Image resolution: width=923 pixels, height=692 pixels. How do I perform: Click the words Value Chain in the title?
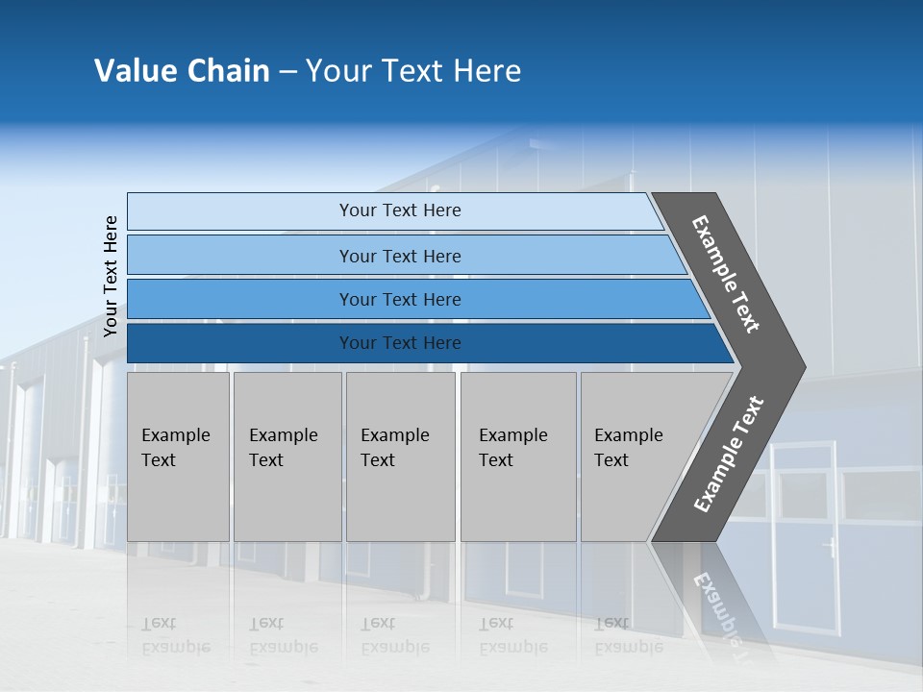[182, 71]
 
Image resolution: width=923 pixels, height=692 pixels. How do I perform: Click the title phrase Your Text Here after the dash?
[413, 71]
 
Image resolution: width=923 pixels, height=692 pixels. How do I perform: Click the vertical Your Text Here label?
[111, 276]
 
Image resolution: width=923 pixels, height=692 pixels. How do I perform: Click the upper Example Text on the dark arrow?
[726, 274]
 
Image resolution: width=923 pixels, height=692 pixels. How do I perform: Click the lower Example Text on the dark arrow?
[729, 455]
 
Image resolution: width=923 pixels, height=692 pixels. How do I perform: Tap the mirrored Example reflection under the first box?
[175, 647]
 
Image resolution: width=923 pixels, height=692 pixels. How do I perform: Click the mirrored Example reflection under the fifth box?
[628, 647]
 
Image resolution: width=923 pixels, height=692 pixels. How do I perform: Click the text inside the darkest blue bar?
[400, 343]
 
